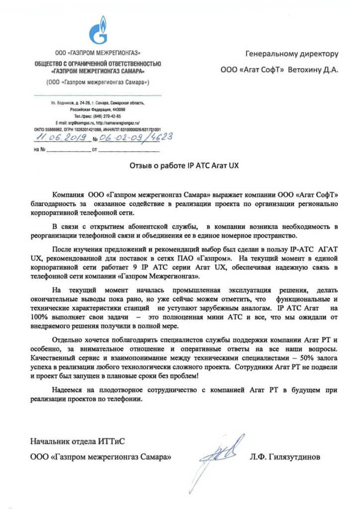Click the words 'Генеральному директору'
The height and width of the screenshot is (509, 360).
292,53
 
